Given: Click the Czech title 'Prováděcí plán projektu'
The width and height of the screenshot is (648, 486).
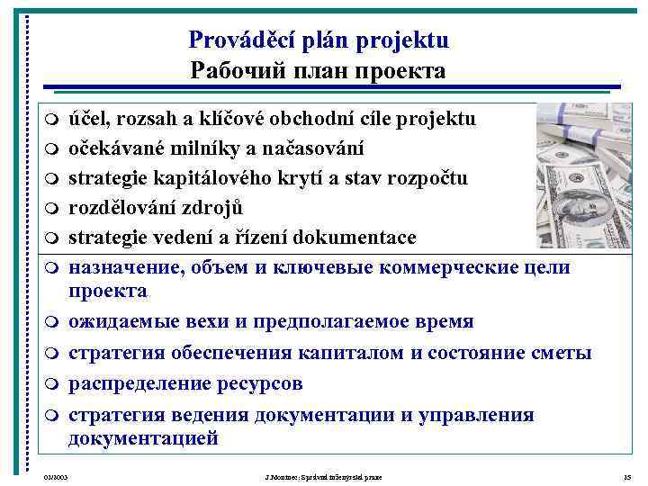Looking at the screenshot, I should (319, 40).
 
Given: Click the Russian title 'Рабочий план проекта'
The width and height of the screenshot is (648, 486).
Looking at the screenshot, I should (318, 70).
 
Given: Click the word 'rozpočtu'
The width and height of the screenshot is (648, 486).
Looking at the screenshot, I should (428, 178).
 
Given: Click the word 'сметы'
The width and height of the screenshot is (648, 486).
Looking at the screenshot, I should (560, 353).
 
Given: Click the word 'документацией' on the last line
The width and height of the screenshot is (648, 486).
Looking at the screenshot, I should (143, 438).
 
